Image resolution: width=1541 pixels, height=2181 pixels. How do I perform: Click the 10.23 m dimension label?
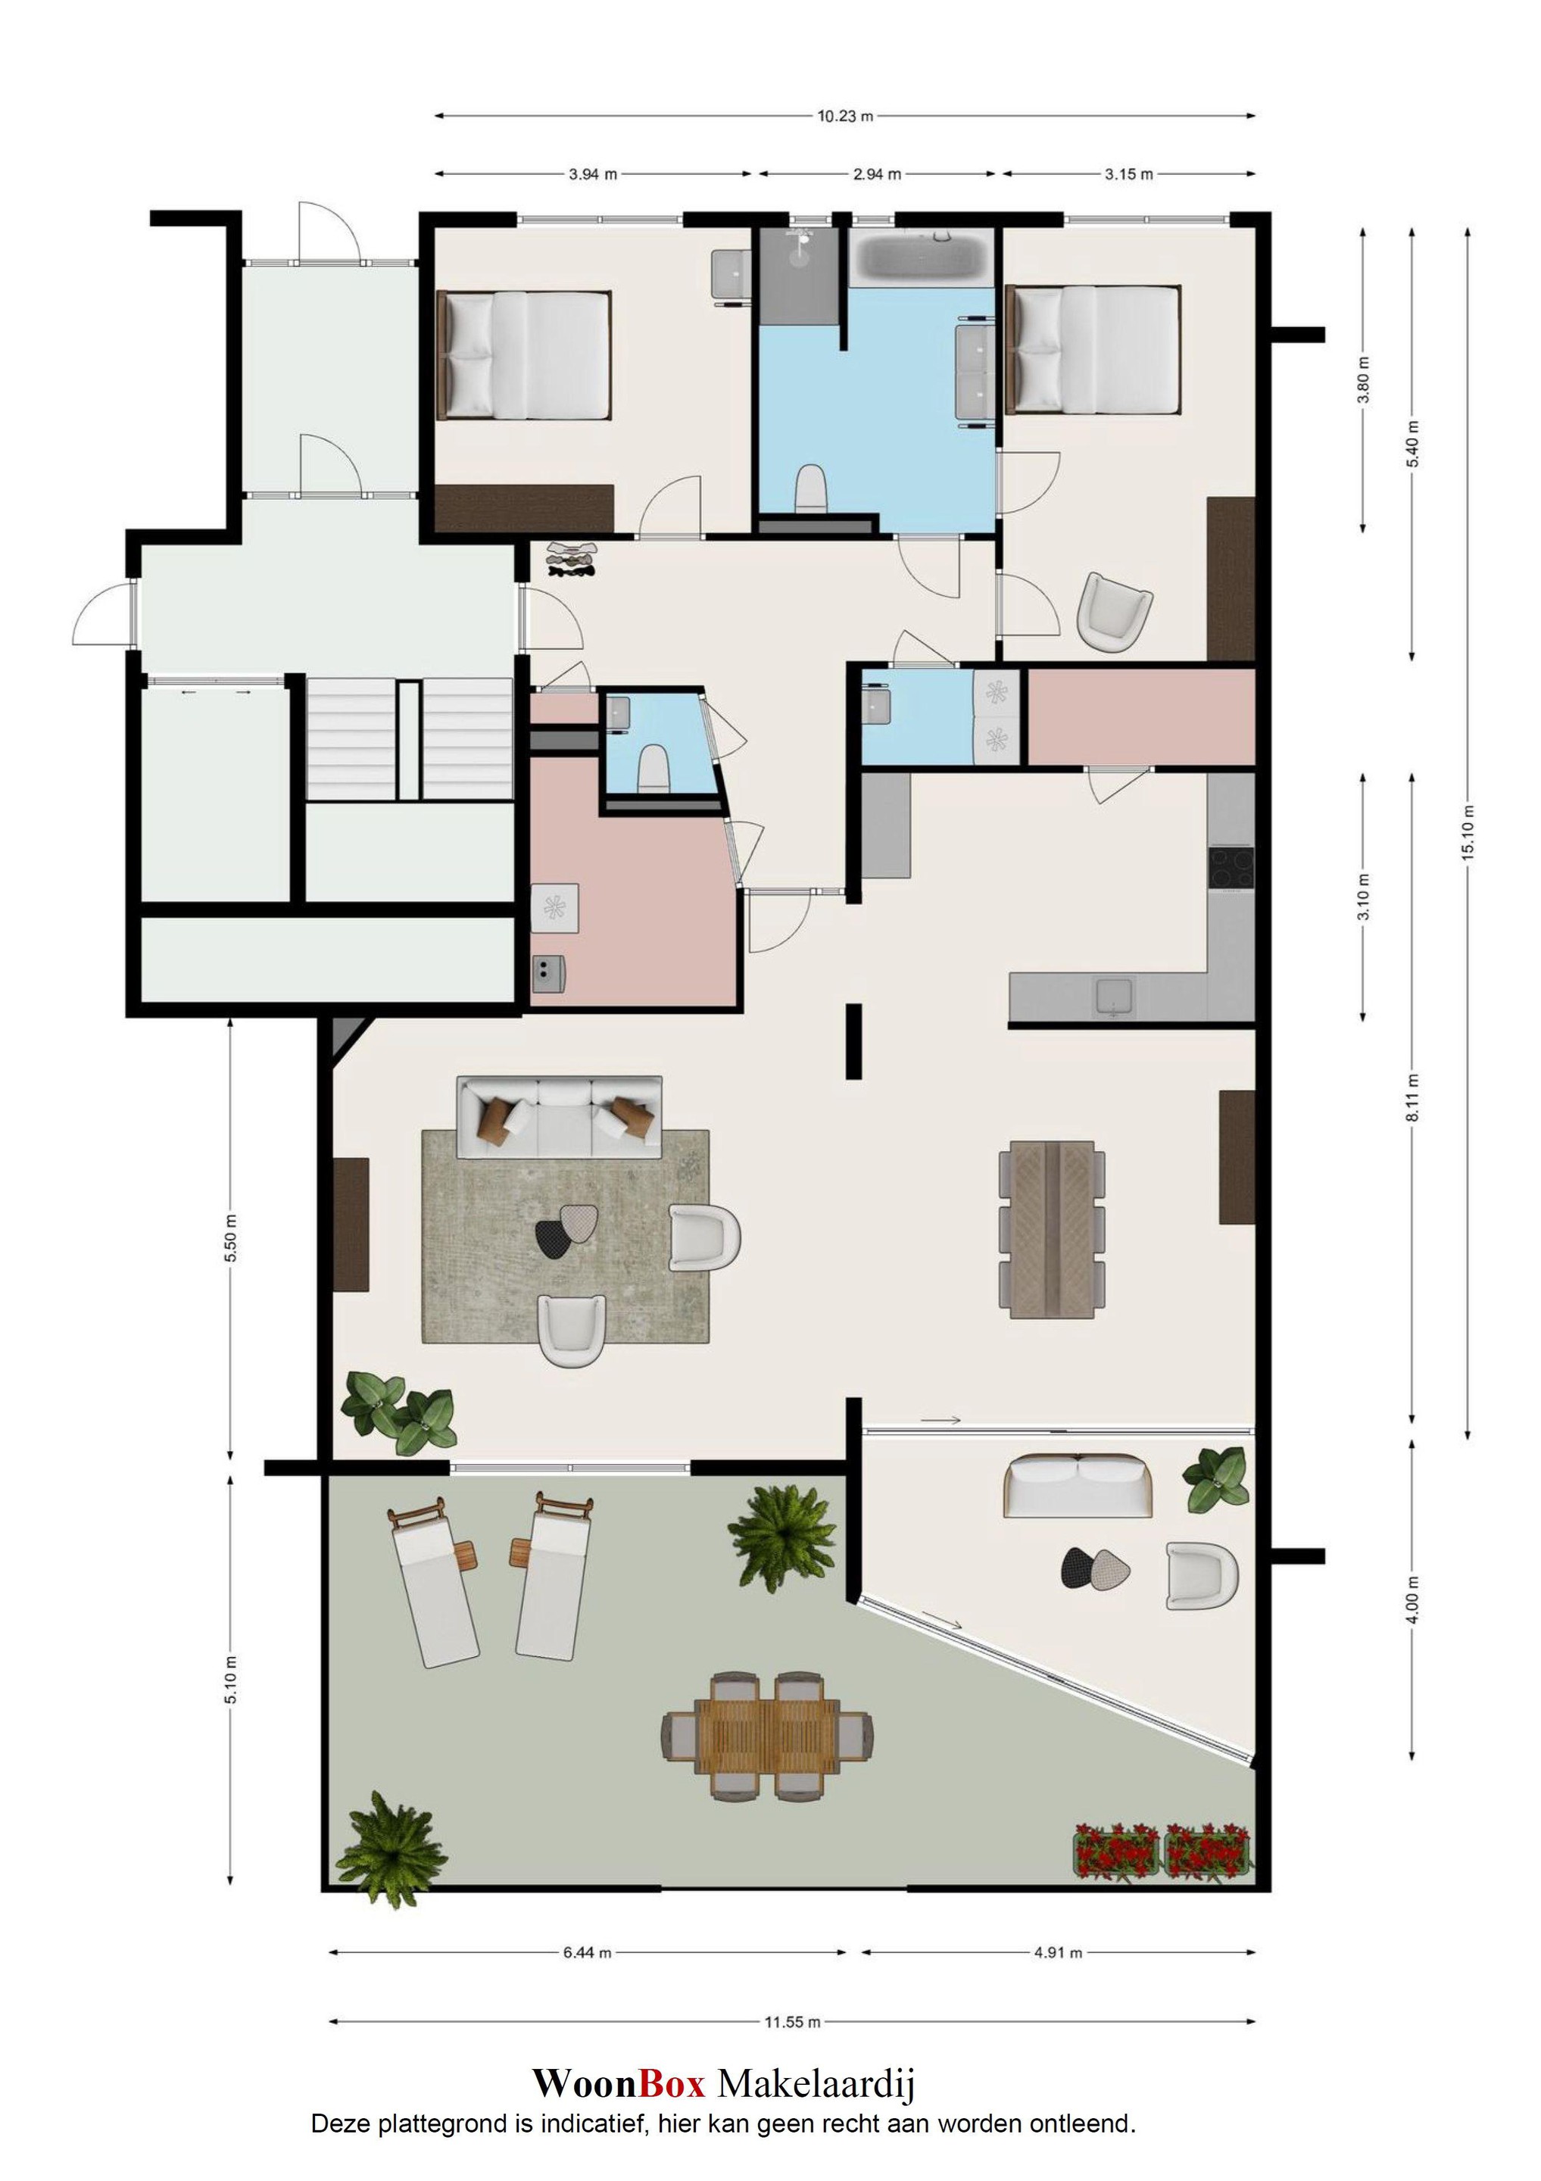click(844, 117)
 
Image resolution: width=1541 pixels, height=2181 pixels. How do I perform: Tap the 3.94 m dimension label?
click(593, 175)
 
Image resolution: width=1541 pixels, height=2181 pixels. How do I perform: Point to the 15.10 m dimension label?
click(1469, 833)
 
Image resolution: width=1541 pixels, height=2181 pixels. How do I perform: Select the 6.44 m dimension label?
click(587, 1953)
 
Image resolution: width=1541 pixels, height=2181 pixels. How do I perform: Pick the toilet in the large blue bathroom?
click(810, 488)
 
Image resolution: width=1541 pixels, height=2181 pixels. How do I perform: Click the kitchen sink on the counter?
click(1113, 997)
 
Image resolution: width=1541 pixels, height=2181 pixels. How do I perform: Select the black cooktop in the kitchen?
click(1231, 867)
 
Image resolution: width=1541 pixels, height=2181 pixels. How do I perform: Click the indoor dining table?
click(1052, 1229)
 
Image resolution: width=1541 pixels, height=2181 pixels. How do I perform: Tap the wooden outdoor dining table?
click(766, 1736)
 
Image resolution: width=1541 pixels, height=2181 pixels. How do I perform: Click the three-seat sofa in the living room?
click(560, 1117)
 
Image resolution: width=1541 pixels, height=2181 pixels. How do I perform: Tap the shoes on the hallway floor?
click(572, 560)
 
